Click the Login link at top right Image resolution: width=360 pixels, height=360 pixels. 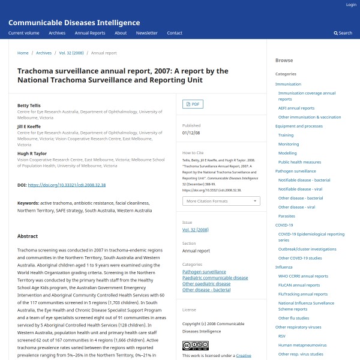coord(351,5)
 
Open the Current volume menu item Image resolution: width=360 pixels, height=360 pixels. coord(24,33)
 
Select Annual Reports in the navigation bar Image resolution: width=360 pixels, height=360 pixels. coord(89,33)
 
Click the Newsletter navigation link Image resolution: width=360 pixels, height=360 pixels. coord(146,33)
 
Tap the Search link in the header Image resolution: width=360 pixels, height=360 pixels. coord(343,33)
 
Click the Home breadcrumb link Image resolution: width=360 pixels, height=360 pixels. coord(23,53)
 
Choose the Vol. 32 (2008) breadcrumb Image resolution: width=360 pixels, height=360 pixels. coord(71,53)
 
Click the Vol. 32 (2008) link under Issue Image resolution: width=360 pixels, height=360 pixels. coord(195,230)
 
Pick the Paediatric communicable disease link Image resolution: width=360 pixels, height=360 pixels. coord(215,278)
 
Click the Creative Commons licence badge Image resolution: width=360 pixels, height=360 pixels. coord(196,346)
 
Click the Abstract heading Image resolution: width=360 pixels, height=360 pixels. coord(28,236)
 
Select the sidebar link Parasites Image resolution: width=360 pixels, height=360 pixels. coord(286,216)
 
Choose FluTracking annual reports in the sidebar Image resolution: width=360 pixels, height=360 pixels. coord(303,294)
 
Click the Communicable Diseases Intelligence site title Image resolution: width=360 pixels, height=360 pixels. coord(74,23)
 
